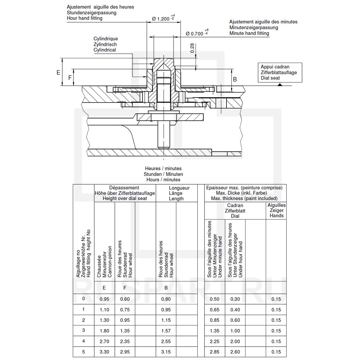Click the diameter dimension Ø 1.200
point(161,19)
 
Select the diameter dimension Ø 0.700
point(194,33)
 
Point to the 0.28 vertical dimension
point(192,48)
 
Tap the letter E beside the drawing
point(58,72)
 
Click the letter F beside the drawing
point(70,77)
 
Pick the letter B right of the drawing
point(235,79)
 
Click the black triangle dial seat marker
point(280,84)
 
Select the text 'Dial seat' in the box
point(270,78)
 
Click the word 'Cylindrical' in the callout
point(105,50)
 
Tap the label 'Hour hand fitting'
point(85,18)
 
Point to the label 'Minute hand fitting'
point(249,33)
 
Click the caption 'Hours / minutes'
point(163,180)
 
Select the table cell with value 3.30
point(104,352)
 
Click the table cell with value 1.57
point(166,330)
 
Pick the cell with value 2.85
point(215,352)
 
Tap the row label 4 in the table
point(84,341)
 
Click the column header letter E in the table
point(104,288)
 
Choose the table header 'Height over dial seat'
point(125,198)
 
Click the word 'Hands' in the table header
point(276,216)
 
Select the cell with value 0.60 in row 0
point(125,299)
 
